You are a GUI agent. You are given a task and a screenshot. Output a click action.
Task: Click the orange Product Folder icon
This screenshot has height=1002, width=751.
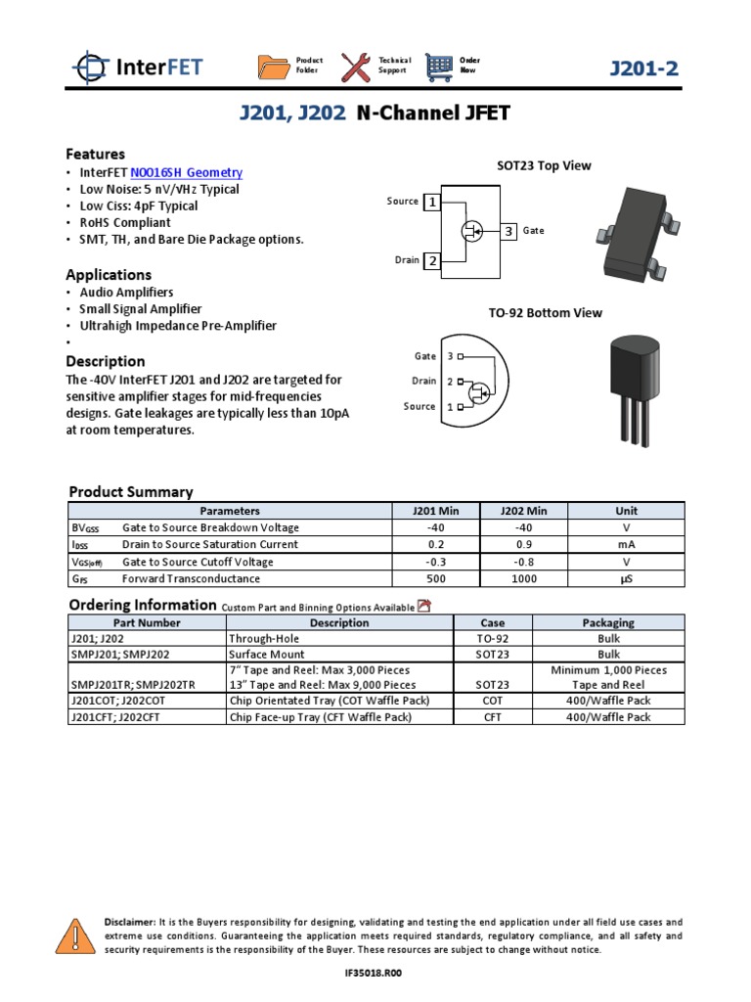coord(274,67)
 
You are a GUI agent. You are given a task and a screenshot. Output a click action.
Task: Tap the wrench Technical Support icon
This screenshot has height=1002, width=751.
coord(356,67)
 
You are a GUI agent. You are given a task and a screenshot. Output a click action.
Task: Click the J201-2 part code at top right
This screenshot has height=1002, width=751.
coord(643,68)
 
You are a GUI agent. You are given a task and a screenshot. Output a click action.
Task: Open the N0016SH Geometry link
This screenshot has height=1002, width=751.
coord(193,172)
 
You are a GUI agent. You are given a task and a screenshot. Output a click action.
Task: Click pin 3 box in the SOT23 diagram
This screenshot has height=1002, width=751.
coord(508,232)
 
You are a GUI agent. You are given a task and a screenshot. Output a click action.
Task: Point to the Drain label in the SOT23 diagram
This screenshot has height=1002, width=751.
coord(407,260)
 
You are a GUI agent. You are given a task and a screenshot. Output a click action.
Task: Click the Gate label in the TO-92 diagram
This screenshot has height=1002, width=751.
coord(425,356)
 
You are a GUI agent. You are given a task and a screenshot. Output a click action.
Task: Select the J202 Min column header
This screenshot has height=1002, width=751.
coord(523,511)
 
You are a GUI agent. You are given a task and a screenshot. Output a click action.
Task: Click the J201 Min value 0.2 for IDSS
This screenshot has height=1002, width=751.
coord(422,545)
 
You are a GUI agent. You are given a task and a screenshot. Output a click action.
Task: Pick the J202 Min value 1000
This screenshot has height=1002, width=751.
coord(523,579)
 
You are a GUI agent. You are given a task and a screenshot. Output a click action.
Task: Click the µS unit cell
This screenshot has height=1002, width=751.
coord(626,579)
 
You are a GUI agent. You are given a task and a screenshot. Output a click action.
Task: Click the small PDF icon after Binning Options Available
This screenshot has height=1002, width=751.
coord(424,606)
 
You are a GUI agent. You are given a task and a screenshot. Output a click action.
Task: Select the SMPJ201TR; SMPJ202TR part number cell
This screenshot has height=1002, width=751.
coord(133,686)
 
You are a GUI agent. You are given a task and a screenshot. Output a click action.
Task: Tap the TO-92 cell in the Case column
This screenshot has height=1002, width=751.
coord(493,639)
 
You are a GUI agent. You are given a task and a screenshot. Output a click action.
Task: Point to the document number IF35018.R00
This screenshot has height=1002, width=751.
coord(375,975)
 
